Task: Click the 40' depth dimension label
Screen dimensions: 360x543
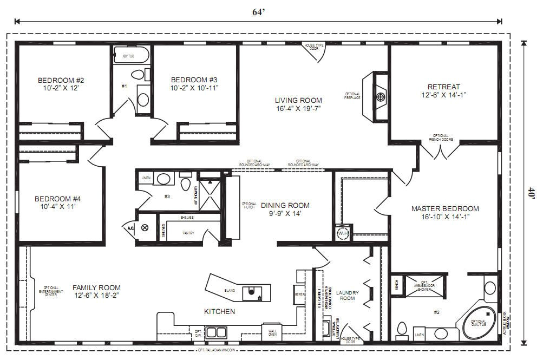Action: click(532, 193)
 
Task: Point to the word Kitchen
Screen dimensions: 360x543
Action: click(219, 311)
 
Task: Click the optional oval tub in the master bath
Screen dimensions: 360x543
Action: click(478, 320)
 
